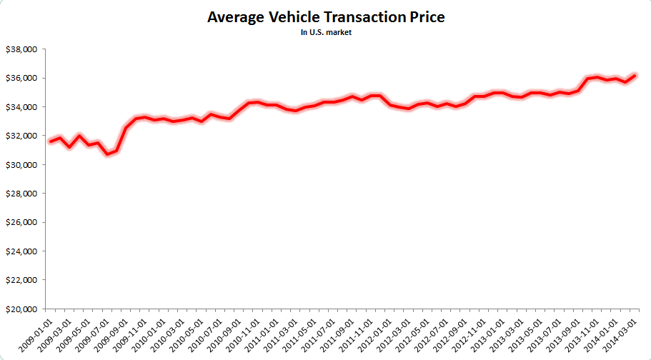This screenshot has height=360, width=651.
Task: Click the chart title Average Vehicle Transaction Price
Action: pyautogui.click(x=325, y=17)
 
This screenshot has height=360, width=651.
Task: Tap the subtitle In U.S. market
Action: pyautogui.click(x=325, y=32)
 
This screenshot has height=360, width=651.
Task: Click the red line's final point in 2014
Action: pyautogui.click(x=635, y=75)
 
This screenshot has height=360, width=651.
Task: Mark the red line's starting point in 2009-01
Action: pyautogui.click(x=49, y=141)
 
